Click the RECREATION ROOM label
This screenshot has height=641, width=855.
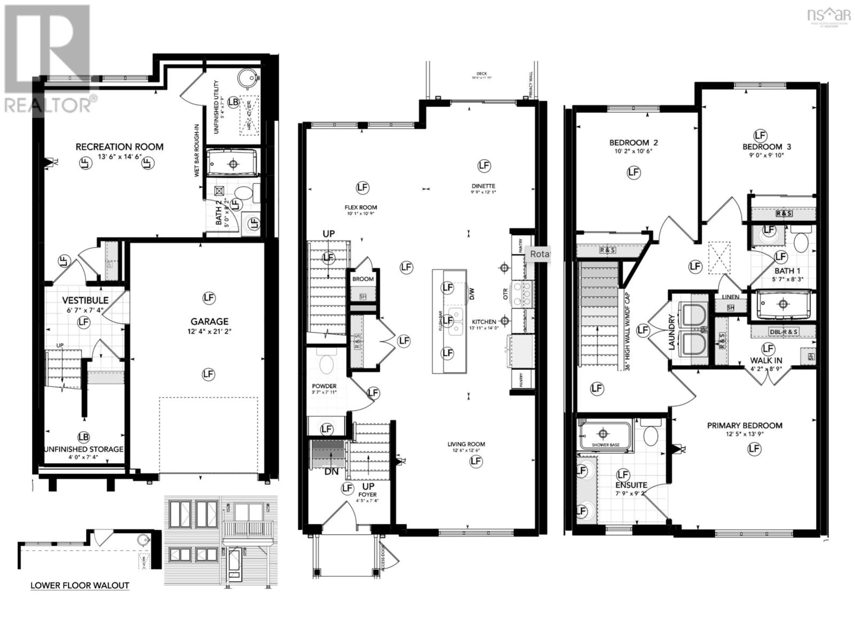pos(119,147)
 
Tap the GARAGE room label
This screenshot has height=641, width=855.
pos(209,321)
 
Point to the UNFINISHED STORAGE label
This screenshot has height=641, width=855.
pos(84,449)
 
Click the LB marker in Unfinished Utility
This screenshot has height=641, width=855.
pos(233,102)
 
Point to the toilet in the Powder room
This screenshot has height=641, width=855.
pos(327,364)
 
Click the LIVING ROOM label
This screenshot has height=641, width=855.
pos(466,444)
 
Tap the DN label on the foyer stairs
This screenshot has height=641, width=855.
pos(331,472)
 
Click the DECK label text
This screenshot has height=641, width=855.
pos(482,73)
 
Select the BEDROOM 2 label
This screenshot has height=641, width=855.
pos(633,143)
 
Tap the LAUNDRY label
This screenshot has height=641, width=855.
pos(671,332)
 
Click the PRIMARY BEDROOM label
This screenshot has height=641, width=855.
pos(745,425)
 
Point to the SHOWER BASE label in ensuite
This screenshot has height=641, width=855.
pos(606,445)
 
